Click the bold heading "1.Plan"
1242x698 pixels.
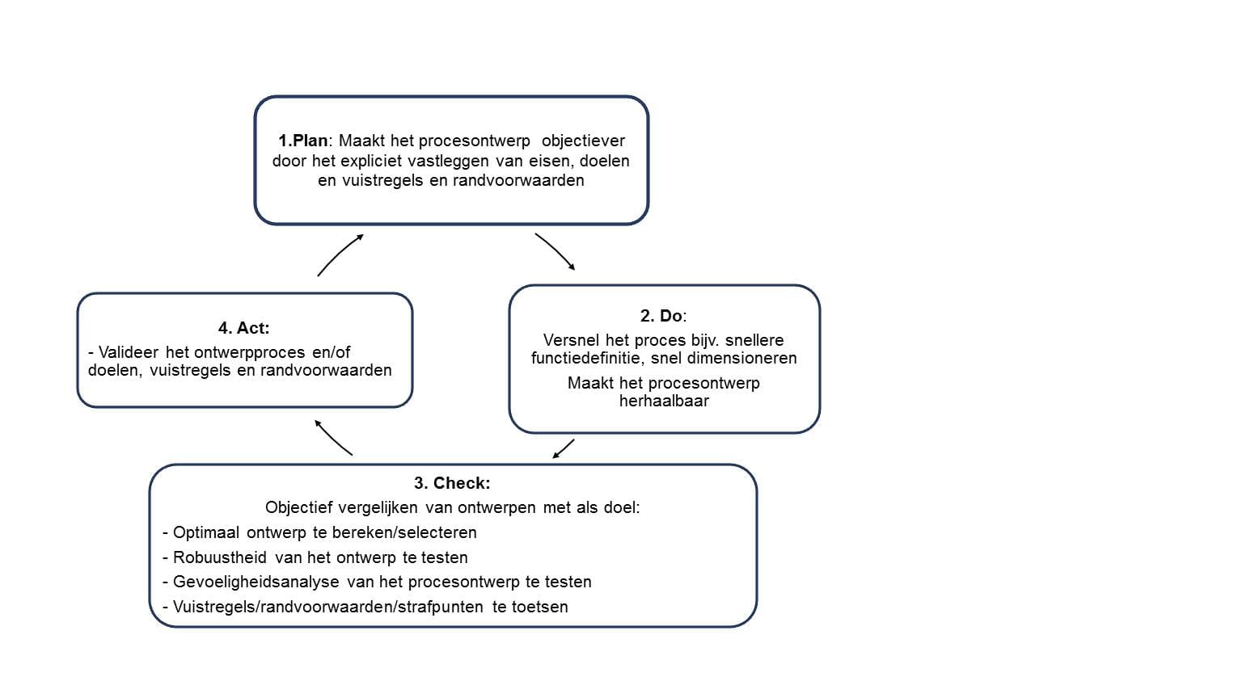(302, 141)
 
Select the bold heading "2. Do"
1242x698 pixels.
(661, 316)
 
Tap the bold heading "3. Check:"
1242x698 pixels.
(452, 483)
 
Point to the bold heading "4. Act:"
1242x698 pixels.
(244, 328)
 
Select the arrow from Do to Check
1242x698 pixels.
(564, 449)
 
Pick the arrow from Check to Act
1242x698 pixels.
(332, 438)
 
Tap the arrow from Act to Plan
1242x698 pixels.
(339, 254)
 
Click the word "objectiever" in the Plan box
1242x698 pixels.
(583, 141)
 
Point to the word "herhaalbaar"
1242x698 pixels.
(664, 401)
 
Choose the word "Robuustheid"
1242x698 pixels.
(220, 557)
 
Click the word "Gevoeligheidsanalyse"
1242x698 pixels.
(256, 582)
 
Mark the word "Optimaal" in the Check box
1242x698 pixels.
(206, 532)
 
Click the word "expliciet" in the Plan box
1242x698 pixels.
(371, 161)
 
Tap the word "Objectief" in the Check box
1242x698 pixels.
(299, 507)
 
